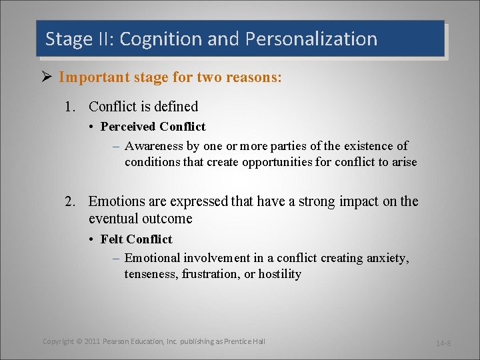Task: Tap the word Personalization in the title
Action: [311, 39]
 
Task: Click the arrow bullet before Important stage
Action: [47, 77]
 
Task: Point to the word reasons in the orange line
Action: [254, 77]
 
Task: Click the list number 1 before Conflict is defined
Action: [69, 107]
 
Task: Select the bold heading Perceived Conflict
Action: [153, 127]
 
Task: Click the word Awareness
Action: [155, 146]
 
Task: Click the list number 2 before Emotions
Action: [69, 201]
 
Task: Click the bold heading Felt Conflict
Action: [136, 239]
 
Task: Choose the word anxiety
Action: [387, 258]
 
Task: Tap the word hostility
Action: [279, 274]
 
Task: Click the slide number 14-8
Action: [443, 343]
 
